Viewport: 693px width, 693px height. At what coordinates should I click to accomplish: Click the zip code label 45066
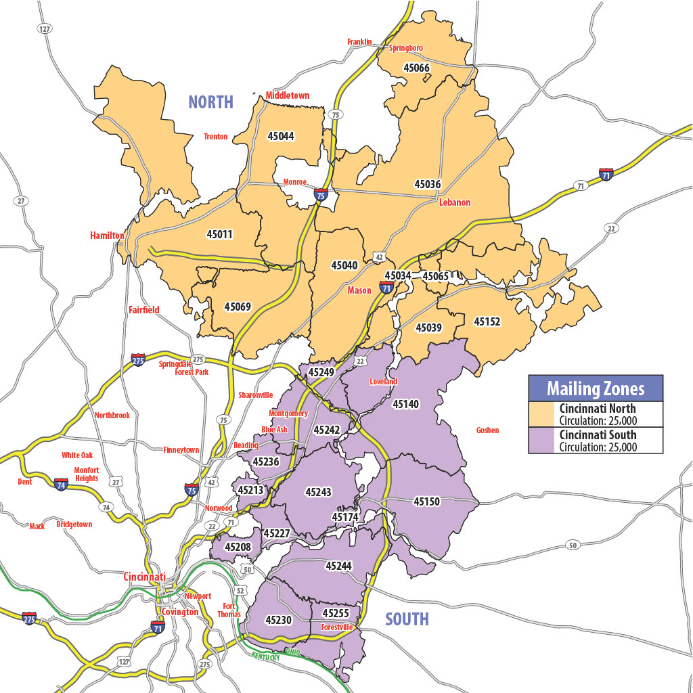[416, 68]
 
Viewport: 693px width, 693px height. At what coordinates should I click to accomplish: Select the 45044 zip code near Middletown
[281, 136]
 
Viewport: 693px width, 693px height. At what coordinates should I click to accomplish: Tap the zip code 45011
[219, 235]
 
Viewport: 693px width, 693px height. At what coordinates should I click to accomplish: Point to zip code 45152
[487, 321]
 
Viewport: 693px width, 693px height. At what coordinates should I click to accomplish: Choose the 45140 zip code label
[405, 404]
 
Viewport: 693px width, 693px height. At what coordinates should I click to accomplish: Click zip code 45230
[278, 620]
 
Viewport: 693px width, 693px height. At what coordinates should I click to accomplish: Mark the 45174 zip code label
[344, 517]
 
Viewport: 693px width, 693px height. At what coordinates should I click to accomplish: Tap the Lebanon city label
[454, 202]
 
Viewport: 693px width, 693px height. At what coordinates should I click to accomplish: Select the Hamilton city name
[107, 236]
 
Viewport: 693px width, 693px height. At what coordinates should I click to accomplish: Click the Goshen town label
[487, 430]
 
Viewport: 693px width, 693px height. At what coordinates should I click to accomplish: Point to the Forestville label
[336, 627]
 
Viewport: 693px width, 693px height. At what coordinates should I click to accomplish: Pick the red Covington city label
[180, 612]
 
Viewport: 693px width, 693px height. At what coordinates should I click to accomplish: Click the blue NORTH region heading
[210, 102]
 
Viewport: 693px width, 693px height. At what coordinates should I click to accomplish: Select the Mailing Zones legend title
[596, 389]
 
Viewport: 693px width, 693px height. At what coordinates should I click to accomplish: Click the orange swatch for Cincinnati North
[542, 414]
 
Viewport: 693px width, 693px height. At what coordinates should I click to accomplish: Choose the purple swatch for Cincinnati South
[542, 440]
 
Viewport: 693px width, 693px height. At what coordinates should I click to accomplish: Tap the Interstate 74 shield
[61, 483]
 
